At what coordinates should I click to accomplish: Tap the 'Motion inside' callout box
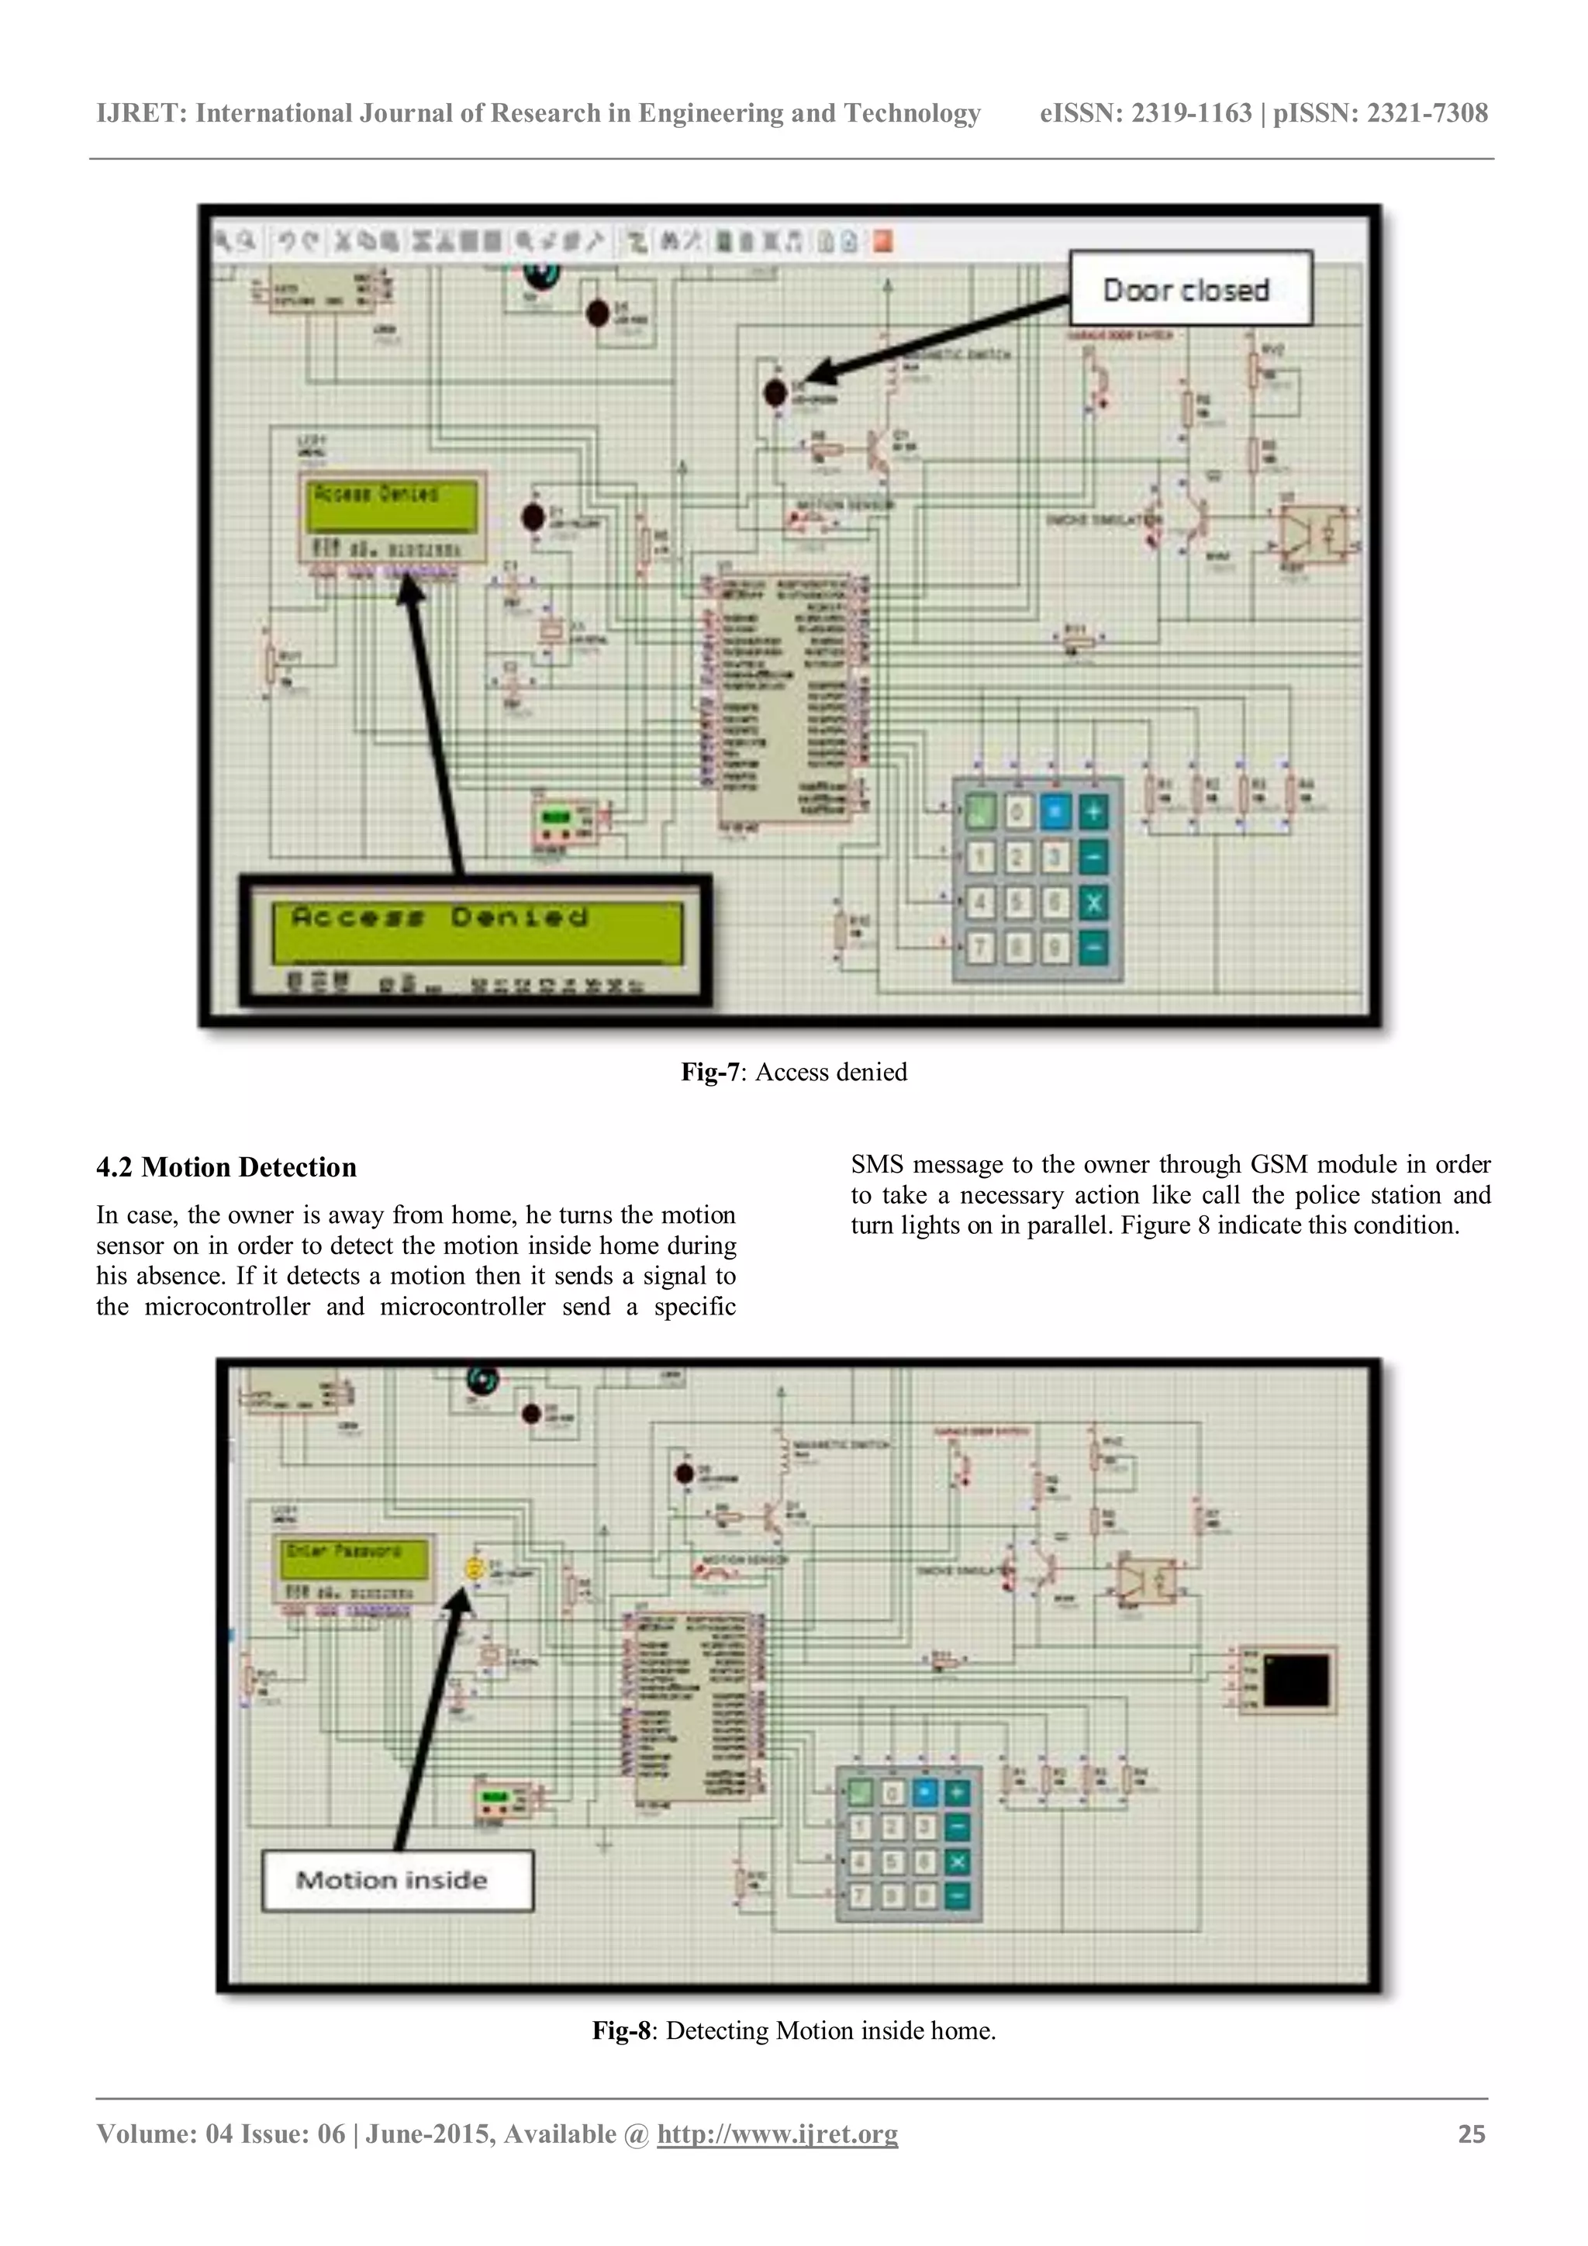click(396, 1880)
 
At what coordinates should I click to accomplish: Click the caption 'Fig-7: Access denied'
click(794, 1072)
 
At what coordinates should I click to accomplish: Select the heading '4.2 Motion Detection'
click(226, 1167)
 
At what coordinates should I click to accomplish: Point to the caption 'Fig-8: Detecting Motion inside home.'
click(794, 2031)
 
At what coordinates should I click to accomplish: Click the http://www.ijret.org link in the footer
click(778, 2134)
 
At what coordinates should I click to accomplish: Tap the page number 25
click(1471, 2134)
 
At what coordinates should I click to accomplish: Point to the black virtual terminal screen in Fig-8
click(1296, 1680)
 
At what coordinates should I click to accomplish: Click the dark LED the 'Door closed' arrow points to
click(775, 392)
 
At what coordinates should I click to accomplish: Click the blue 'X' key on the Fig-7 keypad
click(1093, 903)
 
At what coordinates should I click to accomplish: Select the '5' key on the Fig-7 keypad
click(1017, 903)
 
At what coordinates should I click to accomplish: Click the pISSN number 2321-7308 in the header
click(1427, 113)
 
